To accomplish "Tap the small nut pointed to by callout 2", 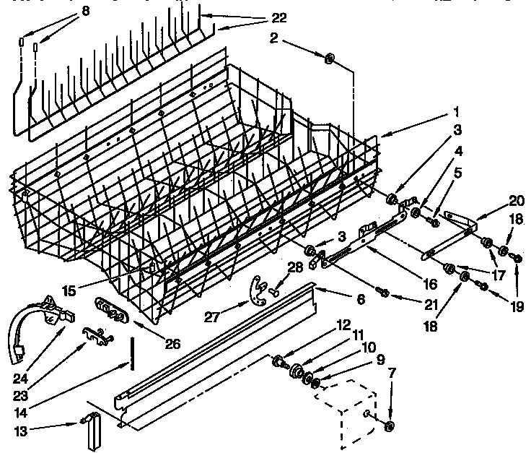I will pyautogui.click(x=328, y=60).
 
